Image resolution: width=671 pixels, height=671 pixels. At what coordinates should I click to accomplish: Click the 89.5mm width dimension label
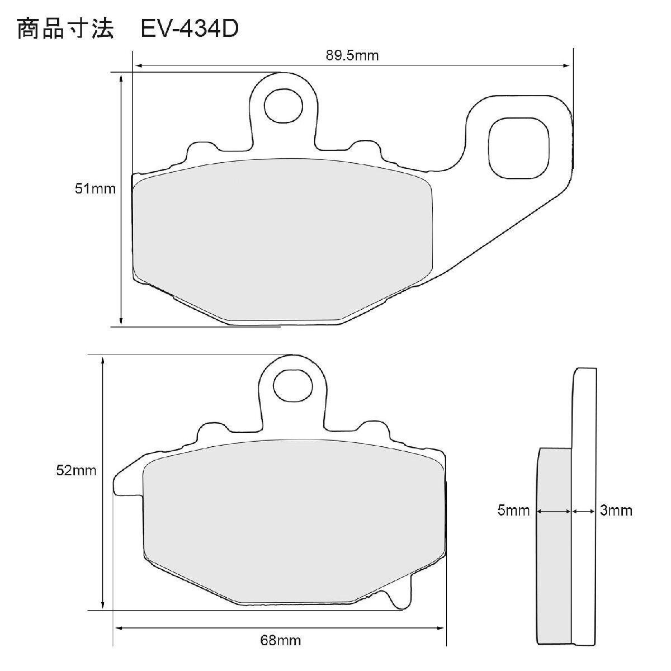pos(352,56)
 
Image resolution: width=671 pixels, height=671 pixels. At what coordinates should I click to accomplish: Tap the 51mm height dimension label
pos(95,189)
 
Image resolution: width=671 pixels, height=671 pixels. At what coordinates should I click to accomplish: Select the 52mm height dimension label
pos(76,470)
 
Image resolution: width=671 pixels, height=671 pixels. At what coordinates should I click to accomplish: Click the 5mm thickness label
pos(513,511)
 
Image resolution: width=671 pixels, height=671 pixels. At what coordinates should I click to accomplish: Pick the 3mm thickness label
pos(616,511)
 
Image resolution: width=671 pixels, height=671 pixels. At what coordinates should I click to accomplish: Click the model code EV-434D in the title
pos(190,29)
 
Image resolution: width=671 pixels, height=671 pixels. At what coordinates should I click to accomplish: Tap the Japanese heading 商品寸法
pos(65,29)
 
